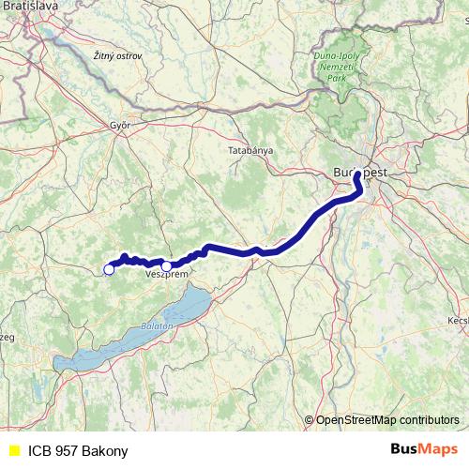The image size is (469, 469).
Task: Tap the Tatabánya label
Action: [x=250, y=150]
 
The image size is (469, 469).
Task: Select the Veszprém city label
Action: [x=162, y=275]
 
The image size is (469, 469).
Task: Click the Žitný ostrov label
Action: [x=117, y=56]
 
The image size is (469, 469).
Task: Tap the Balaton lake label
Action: [x=157, y=325]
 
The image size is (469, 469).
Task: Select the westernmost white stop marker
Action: [x=109, y=269]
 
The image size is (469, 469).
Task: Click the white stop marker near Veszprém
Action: [x=167, y=265]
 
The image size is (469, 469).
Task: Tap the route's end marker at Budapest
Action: [x=358, y=174]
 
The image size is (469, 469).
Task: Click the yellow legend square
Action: [x=12, y=450]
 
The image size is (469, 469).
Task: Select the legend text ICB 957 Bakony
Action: [x=78, y=450]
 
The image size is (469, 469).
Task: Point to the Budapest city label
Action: [x=360, y=172]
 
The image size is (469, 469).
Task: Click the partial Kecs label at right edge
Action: [x=458, y=320]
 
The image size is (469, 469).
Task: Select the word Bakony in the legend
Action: [x=104, y=450]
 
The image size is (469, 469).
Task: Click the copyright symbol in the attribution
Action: [x=309, y=420]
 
